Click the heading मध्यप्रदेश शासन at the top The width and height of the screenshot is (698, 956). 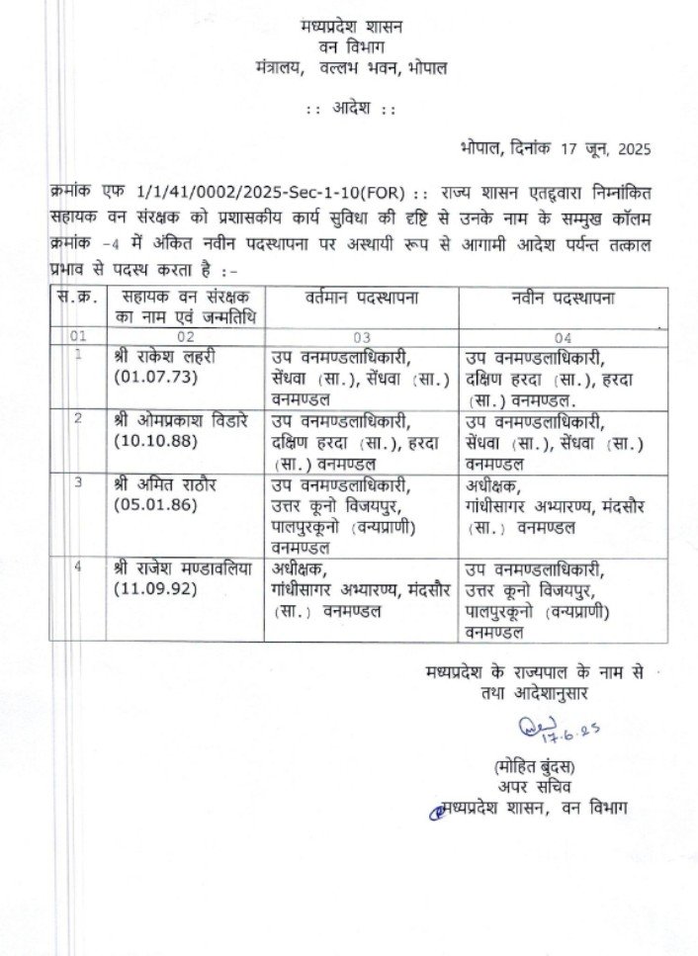click(350, 26)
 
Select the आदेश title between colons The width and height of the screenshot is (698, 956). click(350, 109)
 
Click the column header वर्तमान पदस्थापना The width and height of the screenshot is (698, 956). click(363, 298)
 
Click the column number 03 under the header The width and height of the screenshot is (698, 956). click(363, 336)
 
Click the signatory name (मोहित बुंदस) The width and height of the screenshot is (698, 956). click(535, 768)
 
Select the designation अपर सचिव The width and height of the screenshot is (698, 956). click(535, 788)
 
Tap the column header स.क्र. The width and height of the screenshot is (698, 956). click(72, 298)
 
